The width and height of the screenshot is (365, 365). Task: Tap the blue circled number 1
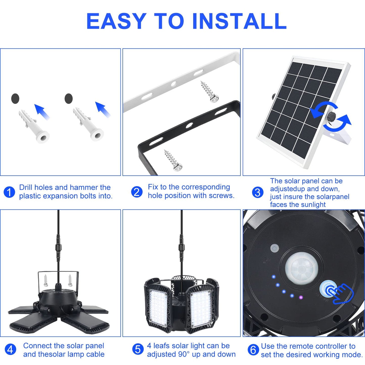[9, 192]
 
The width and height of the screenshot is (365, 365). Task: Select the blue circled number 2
[137, 192]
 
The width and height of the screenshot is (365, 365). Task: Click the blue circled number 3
[258, 192]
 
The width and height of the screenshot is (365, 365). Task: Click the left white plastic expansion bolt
[34, 126]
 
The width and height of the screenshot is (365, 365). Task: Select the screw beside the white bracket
[210, 92]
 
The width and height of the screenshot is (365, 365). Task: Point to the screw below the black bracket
[173, 160]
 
